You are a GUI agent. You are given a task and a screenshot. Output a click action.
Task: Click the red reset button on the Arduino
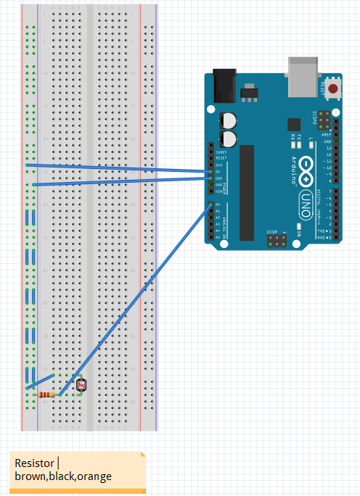tap(333, 89)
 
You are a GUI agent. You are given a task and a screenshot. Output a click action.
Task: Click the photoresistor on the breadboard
tap(80, 384)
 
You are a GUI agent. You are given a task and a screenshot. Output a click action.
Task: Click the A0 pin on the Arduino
tap(211, 205)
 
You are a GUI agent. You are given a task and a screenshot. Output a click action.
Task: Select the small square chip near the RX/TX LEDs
tap(294, 124)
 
